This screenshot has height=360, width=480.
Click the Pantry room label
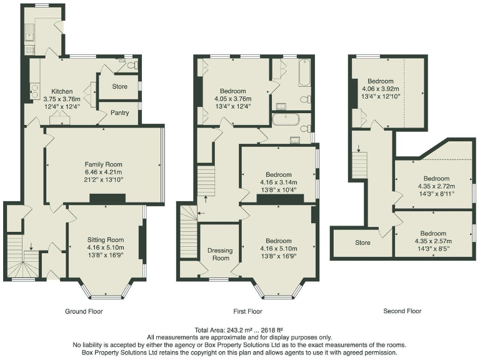pyautogui.click(x=119, y=113)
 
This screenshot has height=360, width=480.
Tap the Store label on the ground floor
pyautogui.click(x=119, y=87)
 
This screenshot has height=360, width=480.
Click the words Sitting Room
pyautogui.click(x=105, y=240)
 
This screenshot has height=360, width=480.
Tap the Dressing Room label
pyautogui.click(x=219, y=254)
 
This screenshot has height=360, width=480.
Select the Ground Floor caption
pyautogui.click(x=84, y=311)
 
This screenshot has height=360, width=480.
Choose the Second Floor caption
pyautogui.click(x=402, y=311)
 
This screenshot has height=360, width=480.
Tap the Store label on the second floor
pyautogui.click(x=362, y=243)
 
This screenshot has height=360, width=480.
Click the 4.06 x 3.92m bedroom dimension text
pyautogui.click(x=380, y=89)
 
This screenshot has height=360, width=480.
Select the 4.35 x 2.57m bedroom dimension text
pyautogui.click(x=434, y=241)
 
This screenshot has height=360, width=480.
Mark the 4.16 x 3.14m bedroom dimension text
pyautogui.click(x=278, y=182)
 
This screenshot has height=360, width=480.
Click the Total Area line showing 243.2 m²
pyautogui.click(x=240, y=330)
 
